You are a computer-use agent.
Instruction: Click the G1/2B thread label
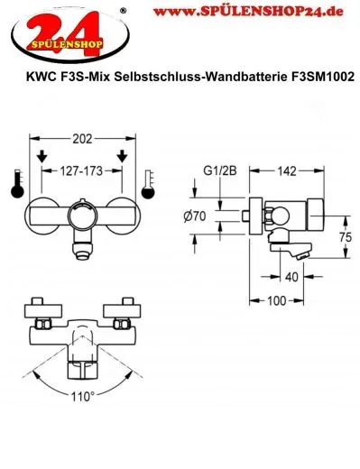point(215,168)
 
